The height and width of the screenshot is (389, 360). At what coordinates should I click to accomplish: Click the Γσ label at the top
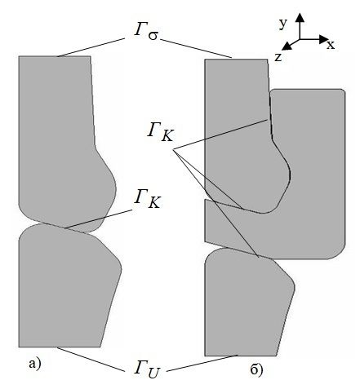145,33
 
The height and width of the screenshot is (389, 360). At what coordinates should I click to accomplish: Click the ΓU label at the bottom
147,369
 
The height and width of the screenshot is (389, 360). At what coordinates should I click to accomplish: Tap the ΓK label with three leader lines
160,132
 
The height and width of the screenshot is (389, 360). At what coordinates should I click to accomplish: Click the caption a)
35,364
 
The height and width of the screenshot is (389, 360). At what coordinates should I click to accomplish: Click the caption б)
256,369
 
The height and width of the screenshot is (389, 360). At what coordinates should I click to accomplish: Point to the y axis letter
283,24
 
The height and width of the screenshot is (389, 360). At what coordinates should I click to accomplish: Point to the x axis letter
331,45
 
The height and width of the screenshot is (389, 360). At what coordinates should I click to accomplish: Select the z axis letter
278,57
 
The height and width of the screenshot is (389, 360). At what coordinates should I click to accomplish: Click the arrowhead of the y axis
300,17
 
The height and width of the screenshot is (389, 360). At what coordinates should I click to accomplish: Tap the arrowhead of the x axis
325,39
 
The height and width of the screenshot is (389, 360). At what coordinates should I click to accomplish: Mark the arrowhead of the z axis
287,46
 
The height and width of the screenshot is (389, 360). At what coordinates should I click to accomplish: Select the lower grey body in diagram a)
65,288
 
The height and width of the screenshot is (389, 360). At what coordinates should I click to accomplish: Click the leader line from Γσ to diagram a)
91,47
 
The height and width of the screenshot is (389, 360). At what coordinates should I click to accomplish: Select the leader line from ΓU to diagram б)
202,363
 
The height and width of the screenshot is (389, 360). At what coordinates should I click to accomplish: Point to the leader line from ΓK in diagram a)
99,219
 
